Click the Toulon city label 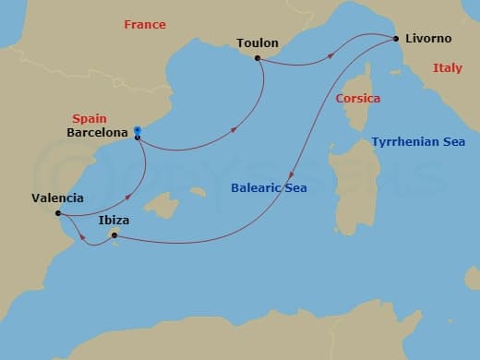tap(257, 43)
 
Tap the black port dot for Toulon tap(258, 58)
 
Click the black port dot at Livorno tap(396, 39)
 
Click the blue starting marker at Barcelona tap(137, 130)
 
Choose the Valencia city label tap(57, 198)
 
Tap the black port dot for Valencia tap(58, 213)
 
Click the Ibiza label tap(113, 221)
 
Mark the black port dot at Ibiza tap(114, 235)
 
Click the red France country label tap(144, 25)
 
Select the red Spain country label tap(89, 118)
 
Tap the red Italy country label tap(448, 67)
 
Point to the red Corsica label tap(358, 98)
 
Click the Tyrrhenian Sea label tap(418, 142)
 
